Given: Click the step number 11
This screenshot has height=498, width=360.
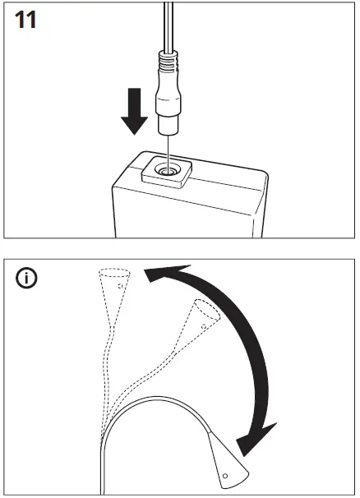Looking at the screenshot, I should click(x=26, y=21).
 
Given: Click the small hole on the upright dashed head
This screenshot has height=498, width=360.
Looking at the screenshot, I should click(x=120, y=287).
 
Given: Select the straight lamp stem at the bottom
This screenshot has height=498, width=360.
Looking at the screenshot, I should click(x=102, y=468).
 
